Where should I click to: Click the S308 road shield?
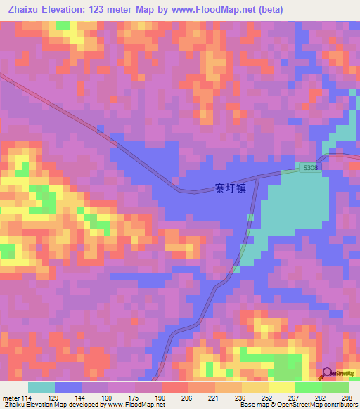click(310, 168)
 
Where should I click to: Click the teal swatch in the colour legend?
click(41, 388)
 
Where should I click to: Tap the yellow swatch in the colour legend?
click(282, 388)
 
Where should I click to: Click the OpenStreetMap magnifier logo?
click(327, 373)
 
